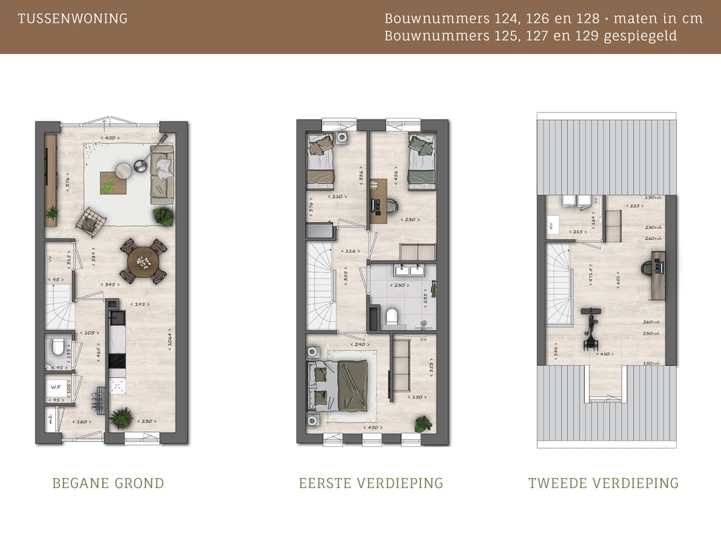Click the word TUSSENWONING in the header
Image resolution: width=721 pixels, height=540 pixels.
73,19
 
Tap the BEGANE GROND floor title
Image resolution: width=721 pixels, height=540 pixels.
108,483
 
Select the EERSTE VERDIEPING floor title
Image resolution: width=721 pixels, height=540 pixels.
371,483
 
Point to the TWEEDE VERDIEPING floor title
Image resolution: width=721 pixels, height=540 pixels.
604,483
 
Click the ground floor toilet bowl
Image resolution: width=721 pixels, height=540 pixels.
58,347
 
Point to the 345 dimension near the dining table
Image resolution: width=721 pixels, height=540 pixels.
110,285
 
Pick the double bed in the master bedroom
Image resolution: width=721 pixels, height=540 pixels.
342,385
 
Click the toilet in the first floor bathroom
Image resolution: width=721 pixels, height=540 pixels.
392,316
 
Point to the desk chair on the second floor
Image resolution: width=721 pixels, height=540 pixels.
648,267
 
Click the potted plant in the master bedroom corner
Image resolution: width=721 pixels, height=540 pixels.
422,423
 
